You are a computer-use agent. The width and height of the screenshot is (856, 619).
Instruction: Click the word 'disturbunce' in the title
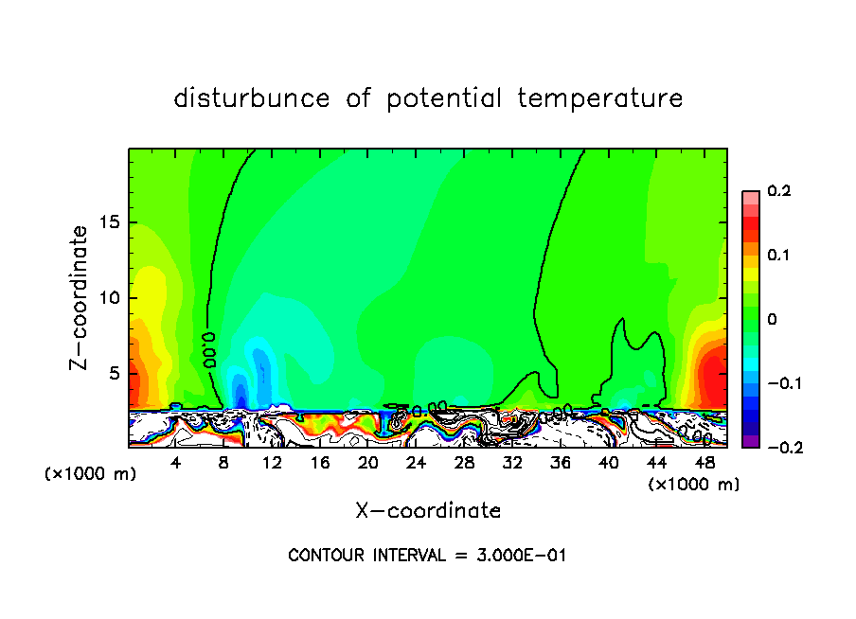(252, 98)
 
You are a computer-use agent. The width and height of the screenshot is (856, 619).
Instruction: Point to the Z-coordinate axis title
(82, 297)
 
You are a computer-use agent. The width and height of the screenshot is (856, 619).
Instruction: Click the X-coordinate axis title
(428, 511)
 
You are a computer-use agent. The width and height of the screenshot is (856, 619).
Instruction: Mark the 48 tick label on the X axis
(704, 463)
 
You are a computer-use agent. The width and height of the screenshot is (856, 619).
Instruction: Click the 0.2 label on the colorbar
(778, 192)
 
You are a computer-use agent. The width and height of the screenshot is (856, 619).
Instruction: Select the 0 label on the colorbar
(772, 320)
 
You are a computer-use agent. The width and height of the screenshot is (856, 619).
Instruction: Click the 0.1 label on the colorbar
(778, 256)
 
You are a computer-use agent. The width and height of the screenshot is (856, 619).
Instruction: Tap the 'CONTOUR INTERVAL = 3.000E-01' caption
(427, 556)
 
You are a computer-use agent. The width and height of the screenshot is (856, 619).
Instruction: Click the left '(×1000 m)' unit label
(91, 474)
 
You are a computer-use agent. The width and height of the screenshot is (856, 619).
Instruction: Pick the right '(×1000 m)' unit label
(694, 485)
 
